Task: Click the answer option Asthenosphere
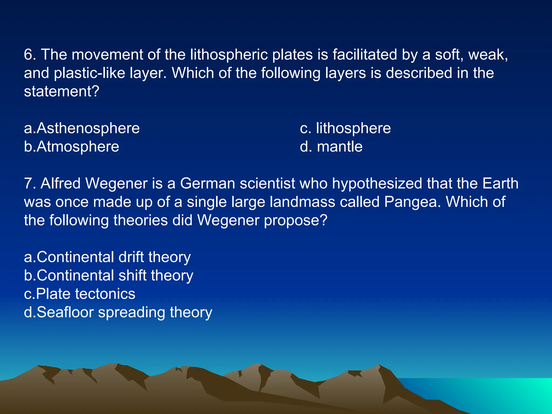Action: pos(82,128)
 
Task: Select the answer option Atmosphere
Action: pos(71,147)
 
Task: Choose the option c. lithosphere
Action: pos(345,128)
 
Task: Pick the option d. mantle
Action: pos(331,147)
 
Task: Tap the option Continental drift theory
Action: pos(107,257)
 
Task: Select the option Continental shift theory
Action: pos(108,276)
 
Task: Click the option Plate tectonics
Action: pos(80,294)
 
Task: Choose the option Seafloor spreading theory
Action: pos(118,312)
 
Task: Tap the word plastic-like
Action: pos(89,73)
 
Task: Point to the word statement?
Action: pos(62,92)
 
